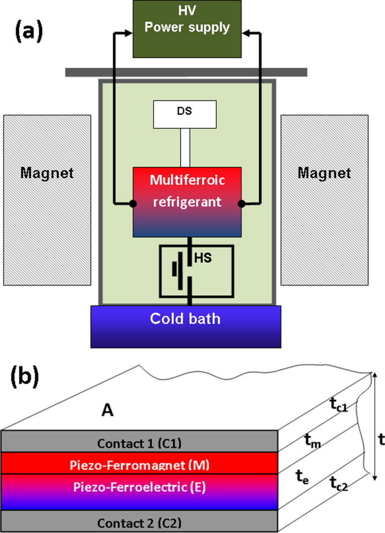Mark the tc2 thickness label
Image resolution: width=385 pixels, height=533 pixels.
click(x=341, y=484)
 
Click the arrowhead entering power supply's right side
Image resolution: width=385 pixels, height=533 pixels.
click(x=246, y=34)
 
